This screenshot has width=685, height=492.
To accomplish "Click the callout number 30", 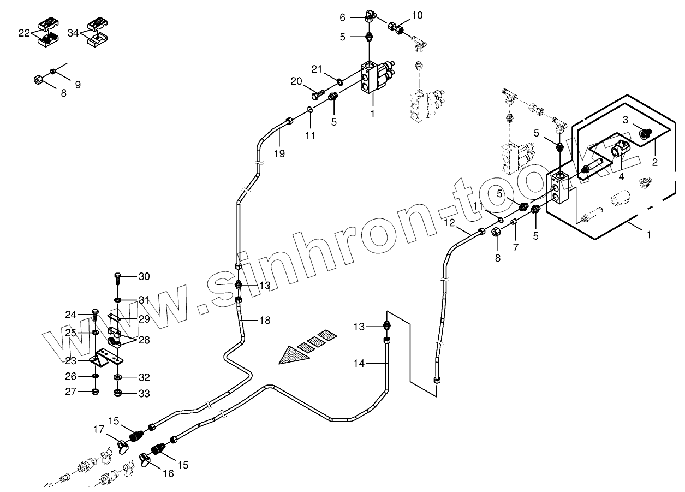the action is click(x=144, y=277).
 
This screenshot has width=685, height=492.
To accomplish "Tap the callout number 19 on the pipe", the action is click(x=279, y=154).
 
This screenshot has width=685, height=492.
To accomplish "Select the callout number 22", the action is click(x=23, y=33).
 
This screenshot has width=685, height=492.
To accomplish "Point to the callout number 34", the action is click(x=73, y=33).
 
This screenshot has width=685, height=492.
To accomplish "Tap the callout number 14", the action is click(x=358, y=363).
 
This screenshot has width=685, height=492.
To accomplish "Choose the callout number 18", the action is click(x=265, y=321).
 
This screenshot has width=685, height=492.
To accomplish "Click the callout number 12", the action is click(x=449, y=222).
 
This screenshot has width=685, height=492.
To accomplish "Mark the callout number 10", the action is click(x=416, y=15).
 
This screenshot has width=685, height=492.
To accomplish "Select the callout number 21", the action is click(x=317, y=69).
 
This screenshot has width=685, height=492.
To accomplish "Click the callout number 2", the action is click(x=654, y=162).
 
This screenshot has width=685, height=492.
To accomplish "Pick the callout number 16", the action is click(x=168, y=473).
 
